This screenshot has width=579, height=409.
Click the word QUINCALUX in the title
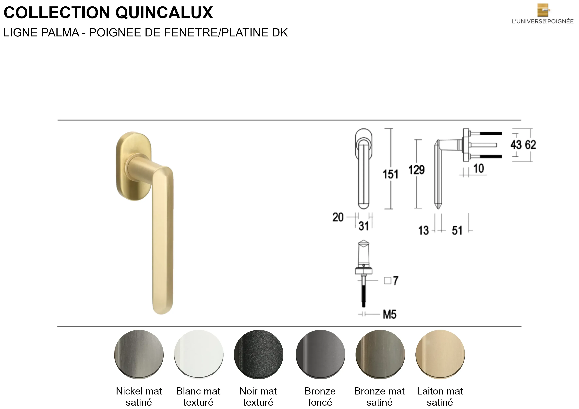[x=164, y=13]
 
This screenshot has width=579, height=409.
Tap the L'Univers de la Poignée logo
[x=542, y=14]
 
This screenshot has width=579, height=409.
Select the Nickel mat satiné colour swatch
[x=139, y=354]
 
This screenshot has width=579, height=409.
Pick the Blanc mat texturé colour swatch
[x=199, y=354]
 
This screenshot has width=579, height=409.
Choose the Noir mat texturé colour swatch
[x=258, y=354]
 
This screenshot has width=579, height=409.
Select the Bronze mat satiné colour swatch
[x=380, y=354]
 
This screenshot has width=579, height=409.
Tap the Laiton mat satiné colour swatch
[x=440, y=354]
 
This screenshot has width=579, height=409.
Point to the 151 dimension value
[x=390, y=174]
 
